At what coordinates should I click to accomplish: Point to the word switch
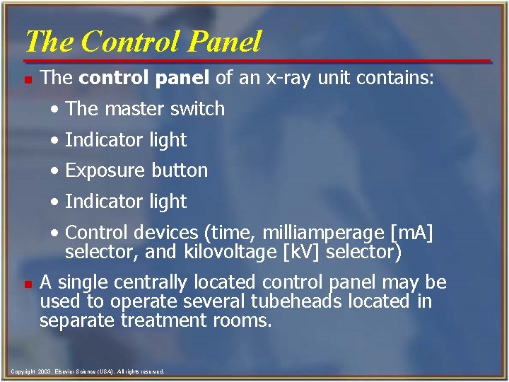tap(197, 109)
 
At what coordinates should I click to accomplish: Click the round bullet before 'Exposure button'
tap(56, 171)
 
